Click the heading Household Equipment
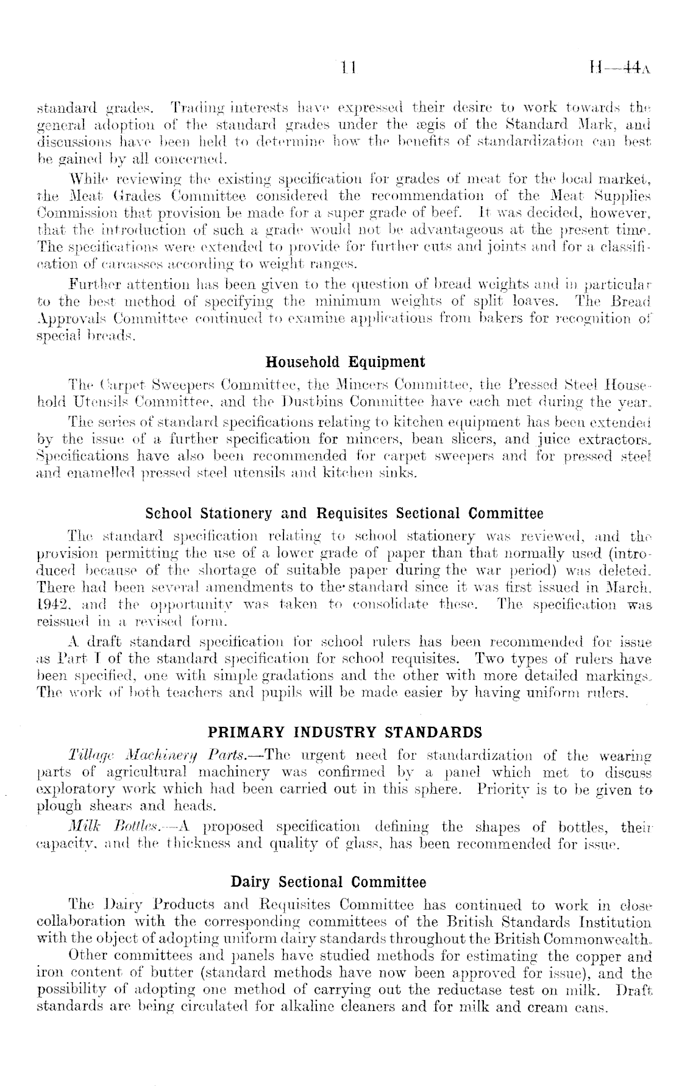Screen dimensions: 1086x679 [346, 362]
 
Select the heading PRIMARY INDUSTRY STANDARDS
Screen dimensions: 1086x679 [345, 732]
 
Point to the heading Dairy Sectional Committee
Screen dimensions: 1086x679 [329, 882]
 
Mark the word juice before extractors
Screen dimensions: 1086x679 [553, 438]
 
